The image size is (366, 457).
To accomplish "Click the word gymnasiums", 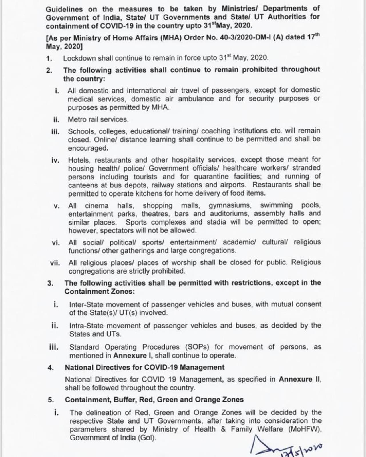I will [x=230, y=205].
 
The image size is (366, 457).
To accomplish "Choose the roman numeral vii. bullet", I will [x=55, y=263].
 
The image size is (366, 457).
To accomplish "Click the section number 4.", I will [x=51, y=368].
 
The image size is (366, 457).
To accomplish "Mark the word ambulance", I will [x=196, y=99].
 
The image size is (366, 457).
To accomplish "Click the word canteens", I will [x=81, y=185].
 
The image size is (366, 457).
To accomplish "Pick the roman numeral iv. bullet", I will [x=55, y=160].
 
